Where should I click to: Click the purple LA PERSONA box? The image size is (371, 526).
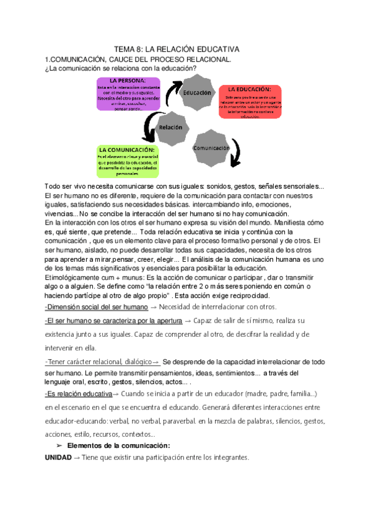pyautogui.click(x=128, y=94)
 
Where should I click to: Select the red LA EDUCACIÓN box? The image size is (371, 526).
pyautogui.click(x=249, y=102)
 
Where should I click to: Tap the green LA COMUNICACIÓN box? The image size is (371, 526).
pyautogui.click(x=128, y=160)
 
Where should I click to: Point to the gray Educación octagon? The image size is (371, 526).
pyautogui.click(x=198, y=93)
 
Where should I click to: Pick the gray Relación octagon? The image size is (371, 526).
pyautogui.click(x=170, y=127)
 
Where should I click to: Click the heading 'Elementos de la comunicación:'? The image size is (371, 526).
pyautogui.click(x=118, y=445)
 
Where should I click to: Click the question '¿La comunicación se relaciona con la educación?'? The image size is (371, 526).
pyautogui.click(x=121, y=68)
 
